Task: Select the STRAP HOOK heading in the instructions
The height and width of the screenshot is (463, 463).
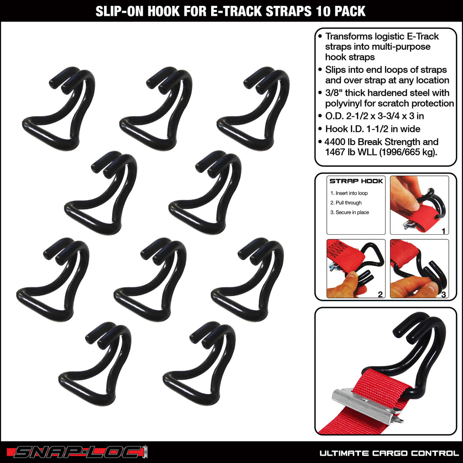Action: coord(356,181)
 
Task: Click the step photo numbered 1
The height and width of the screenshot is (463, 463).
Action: coord(419,205)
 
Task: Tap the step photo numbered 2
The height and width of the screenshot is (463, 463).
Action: coord(356,268)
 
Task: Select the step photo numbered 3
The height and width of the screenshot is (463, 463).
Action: coord(419,268)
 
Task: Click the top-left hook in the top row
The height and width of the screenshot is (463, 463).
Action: coord(59,109)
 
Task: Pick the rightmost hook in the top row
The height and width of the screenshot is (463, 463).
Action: coord(253,109)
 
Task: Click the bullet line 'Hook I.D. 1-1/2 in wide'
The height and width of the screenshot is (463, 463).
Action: coord(373,129)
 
